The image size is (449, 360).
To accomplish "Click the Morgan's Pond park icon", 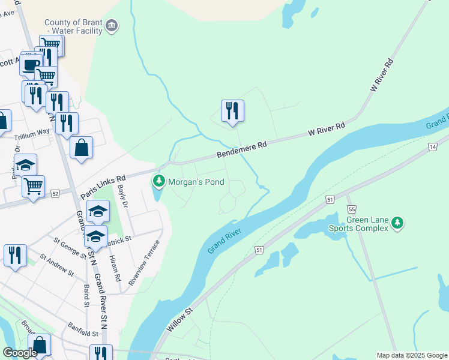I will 158,181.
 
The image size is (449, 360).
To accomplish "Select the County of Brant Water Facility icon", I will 112,26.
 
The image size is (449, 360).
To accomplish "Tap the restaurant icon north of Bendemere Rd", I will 232,111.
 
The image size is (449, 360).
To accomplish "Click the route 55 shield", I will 352,208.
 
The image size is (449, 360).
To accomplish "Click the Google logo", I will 20,353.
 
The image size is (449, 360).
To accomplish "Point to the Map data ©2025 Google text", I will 412,355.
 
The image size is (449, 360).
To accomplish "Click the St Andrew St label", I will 57,265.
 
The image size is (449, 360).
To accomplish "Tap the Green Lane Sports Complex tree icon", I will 396,223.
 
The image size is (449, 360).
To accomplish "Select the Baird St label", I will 86,295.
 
